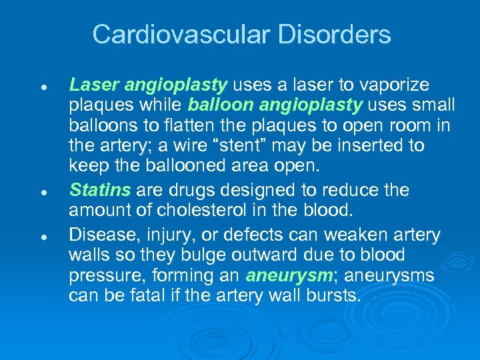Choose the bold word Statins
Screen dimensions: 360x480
coord(100,190)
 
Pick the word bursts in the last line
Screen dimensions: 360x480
coord(334,295)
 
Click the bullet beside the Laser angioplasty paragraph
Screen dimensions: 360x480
coord(43,87)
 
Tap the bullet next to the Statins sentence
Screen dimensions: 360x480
coord(43,192)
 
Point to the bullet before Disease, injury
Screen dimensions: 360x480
coord(43,237)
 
